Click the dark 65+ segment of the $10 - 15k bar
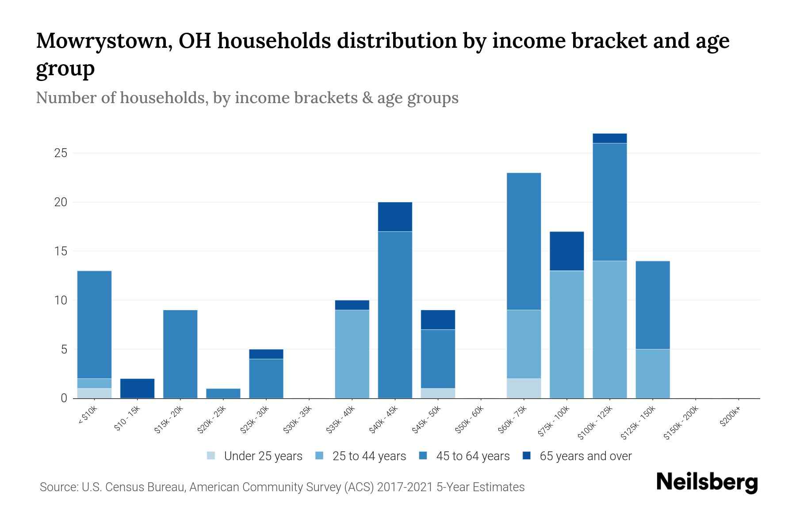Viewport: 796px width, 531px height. (x=137, y=388)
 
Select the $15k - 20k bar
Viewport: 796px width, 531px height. (x=180, y=354)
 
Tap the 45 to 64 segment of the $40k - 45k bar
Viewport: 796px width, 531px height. (x=395, y=314)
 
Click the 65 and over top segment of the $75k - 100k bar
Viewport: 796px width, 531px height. (x=566, y=251)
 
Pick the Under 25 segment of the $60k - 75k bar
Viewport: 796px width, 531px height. (x=524, y=388)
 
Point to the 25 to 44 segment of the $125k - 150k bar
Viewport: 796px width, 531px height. (x=653, y=373)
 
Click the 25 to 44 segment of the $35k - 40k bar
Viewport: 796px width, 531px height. (x=352, y=354)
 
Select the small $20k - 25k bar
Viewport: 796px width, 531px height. (x=223, y=393)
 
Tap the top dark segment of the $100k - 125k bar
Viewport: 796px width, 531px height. (x=610, y=139)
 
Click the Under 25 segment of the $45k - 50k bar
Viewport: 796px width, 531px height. (x=438, y=393)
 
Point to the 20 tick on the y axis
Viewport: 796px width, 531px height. (x=61, y=202)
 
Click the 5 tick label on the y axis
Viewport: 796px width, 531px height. (x=64, y=350)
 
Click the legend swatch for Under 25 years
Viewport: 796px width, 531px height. (x=211, y=455)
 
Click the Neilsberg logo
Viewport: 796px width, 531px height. (x=707, y=482)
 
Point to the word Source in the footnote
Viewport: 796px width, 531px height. (x=58, y=487)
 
